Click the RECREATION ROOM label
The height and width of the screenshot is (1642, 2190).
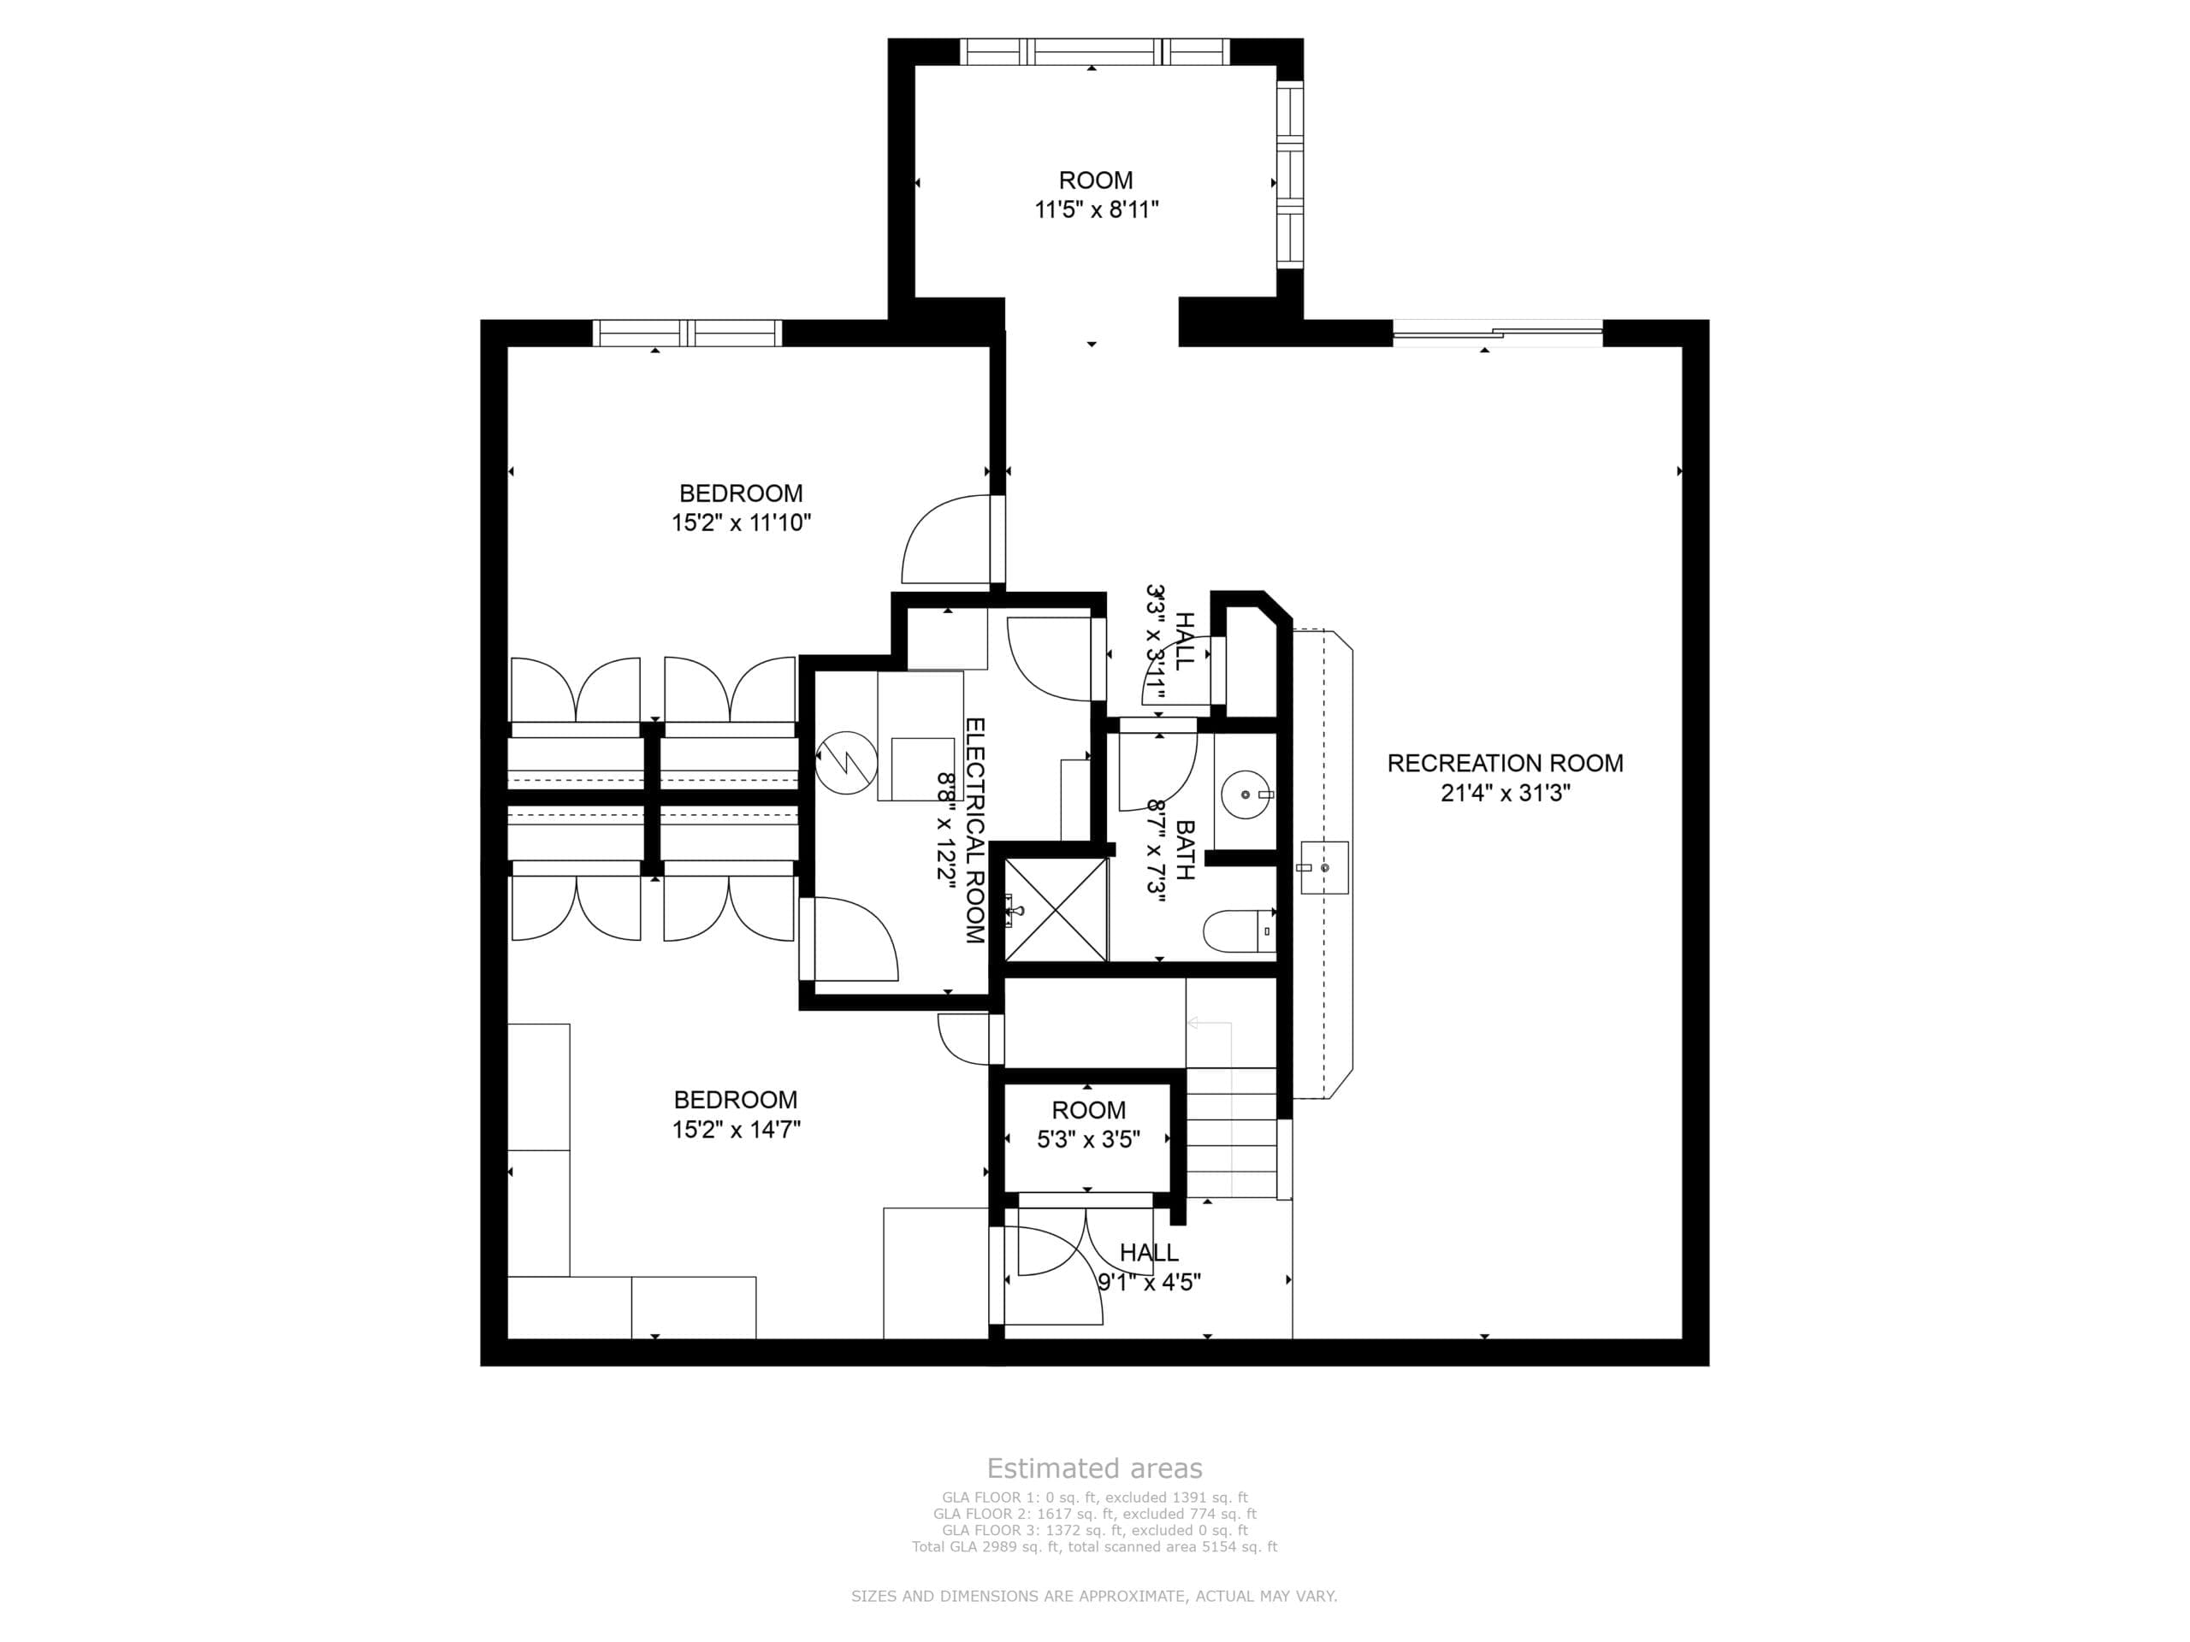[x=1505, y=763]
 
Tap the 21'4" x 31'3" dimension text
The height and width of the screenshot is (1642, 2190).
[x=1505, y=793]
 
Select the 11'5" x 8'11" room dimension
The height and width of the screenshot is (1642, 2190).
[x=1096, y=210]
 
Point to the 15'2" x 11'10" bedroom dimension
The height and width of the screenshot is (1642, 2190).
[x=741, y=523]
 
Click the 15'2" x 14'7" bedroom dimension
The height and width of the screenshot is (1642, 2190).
[x=736, y=1130]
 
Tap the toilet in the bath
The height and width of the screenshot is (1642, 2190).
[x=1240, y=931]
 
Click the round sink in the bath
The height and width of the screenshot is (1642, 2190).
[x=1246, y=794]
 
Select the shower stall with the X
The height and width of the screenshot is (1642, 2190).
[x=1057, y=911]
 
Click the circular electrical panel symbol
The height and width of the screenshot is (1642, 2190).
[x=847, y=762]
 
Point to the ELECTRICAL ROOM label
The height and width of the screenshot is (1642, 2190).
[x=974, y=830]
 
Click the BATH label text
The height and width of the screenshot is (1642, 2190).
[x=1185, y=849]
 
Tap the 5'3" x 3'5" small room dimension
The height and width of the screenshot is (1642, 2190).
[x=1088, y=1139]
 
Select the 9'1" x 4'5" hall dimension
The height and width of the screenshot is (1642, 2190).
[x=1150, y=1283]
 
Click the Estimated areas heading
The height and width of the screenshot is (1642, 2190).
[x=1094, y=1468]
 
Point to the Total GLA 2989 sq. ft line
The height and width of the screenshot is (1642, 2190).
[x=1094, y=1546]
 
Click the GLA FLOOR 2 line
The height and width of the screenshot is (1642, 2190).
[x=1094, y=1514]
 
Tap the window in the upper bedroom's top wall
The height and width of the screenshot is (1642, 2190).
[x=687, y=333]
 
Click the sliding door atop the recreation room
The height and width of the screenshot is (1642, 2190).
[x=1497, y=333]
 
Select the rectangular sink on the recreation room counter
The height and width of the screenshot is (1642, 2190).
[x=1324, y=868]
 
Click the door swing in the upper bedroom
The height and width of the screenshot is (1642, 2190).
[x=945, y=539]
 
